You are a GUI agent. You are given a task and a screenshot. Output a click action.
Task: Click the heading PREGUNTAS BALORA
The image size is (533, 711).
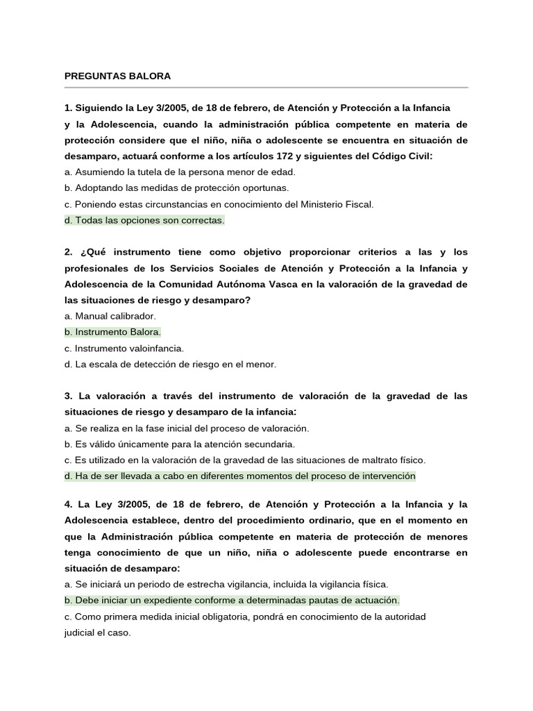coord(117,76)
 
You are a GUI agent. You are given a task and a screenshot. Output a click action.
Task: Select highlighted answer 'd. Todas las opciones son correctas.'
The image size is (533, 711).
coord(144,220)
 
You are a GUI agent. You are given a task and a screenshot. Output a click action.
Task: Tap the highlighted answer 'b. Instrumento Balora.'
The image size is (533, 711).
coord(112,332)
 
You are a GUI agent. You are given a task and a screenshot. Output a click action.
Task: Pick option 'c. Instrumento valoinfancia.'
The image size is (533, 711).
coord(124,348)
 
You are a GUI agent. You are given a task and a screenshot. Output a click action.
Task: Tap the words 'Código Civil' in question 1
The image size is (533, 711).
coord(401,156)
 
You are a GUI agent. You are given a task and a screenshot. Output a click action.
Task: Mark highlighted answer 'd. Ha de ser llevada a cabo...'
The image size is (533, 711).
coord(239,476)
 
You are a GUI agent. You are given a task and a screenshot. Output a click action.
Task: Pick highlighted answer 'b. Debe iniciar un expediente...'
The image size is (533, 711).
coord(232,600)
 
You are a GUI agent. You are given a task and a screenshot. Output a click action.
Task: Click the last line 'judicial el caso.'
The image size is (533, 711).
coord(97,633)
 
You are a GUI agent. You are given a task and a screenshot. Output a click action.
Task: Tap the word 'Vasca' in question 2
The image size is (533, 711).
coord(282,284)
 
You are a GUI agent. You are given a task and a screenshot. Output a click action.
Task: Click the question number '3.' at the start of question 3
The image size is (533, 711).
coord(69,396)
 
